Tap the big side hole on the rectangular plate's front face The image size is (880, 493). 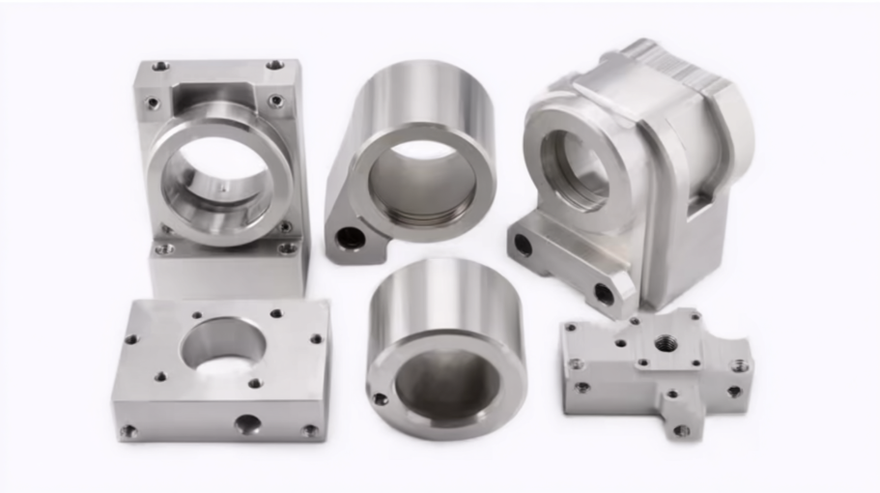(247, 423)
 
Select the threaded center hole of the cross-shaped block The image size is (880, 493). (666, 343)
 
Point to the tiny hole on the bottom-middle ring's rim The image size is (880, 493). (381, 398)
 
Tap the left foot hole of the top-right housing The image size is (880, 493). (523, 245)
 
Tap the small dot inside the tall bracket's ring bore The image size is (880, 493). (223, 192)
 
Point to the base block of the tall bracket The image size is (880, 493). (227, 271)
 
